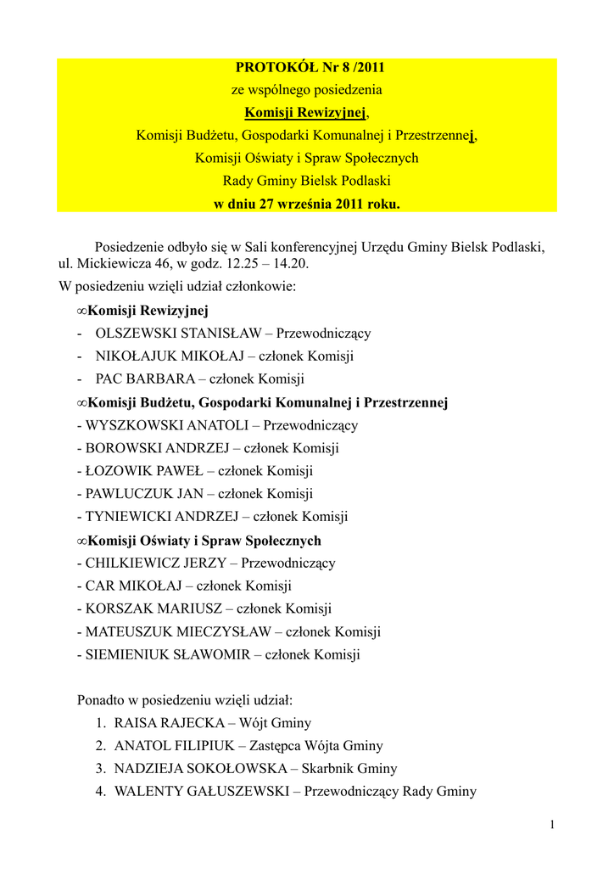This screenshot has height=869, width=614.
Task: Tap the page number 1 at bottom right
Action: [551, 825]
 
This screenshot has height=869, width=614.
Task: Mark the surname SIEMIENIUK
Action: [126, 654]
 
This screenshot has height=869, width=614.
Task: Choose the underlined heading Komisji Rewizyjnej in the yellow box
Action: [305, 112]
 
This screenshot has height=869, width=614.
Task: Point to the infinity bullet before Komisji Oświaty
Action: [81, 541]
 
